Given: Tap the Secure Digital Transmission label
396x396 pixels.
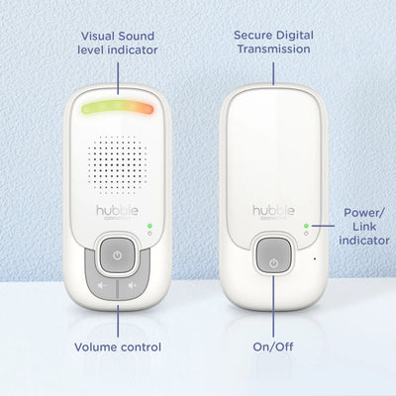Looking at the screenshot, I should (x=272, y=41).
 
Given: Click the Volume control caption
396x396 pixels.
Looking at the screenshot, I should (x=118, y=347).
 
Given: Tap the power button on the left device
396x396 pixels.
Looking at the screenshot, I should (x=117, y=255).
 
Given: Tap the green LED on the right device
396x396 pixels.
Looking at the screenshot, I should (x=305, y=226).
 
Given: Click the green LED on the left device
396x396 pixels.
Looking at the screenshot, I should (x=149, y=227).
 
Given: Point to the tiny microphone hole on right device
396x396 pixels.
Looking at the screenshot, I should (x=314, y=259).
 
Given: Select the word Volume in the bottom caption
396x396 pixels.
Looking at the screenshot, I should (x=96, y=347).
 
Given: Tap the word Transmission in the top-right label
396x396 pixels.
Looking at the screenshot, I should (x=272, y=49).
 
